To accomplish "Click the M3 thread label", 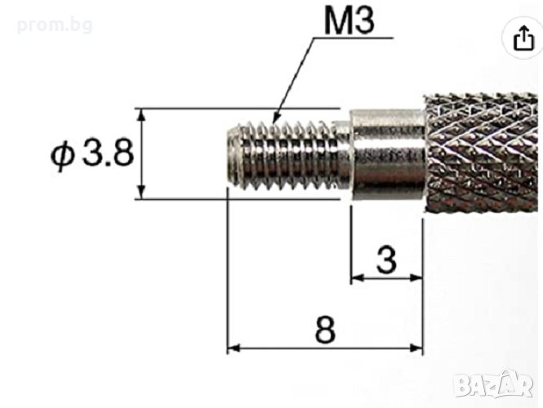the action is point(349,20).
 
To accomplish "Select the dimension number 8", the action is point(325,330).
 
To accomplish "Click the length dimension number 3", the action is point(386,259).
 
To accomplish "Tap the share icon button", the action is point(523,38).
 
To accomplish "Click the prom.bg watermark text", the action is point(55,25).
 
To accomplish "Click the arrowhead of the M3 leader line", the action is point(276,118).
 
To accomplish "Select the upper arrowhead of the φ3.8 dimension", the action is point(140,113).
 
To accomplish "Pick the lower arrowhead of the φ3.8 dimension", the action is point(140,193).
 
